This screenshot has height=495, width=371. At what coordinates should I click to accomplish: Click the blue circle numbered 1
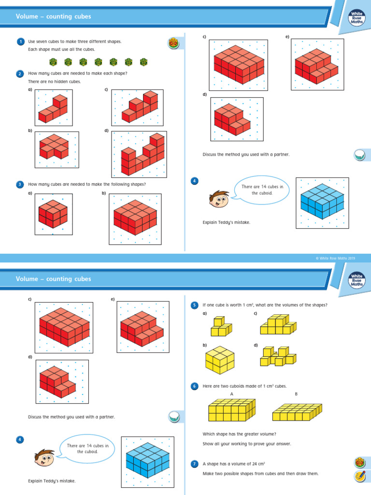click(20, 42)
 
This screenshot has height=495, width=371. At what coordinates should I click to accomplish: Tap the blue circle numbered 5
click(195, 305)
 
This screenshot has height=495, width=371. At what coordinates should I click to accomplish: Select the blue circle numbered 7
click(195, 464)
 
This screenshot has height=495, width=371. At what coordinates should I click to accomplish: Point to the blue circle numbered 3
click(20, 184)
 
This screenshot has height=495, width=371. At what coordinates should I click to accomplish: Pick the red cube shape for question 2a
click(53, 110)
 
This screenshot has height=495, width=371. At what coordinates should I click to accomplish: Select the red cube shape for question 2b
click(54, 146)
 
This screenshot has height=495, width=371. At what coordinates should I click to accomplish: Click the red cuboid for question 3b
click(135, 217)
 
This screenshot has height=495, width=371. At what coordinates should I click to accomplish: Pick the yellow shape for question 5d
click(277, 357)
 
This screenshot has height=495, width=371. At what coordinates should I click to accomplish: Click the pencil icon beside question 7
click(359, 476)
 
